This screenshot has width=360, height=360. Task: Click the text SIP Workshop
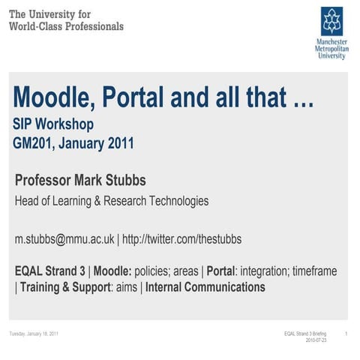click(x=52, y=124)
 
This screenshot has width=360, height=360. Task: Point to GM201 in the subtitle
click(x=35, y=142)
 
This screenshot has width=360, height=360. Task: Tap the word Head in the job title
click(x=28, y=201)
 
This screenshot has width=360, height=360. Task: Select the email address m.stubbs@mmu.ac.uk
click(x=64, y=239)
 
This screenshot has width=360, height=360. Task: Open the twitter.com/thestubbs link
click(x=183, y=239)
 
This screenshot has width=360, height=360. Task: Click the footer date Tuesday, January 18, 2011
click(x=34, y=333)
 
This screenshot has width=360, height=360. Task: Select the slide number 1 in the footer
click(x=344, y=333)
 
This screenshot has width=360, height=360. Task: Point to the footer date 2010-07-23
click(x=316, y=340)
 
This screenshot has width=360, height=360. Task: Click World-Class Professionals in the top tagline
click(x=66, y=25)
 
